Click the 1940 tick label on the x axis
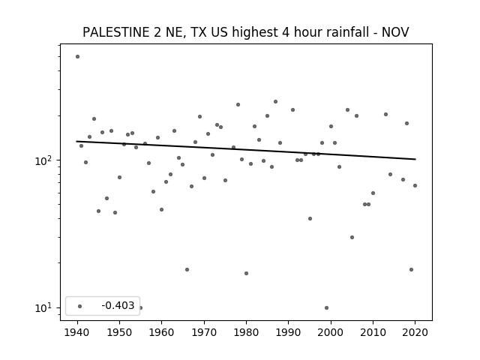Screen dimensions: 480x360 point(77,332)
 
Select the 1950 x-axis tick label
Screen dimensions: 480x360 point(120,332)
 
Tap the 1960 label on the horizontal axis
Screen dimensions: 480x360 point(162,332)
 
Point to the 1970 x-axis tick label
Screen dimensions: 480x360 point(204,332)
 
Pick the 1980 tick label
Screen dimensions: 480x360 point(246,332)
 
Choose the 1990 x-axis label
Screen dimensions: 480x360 point(288,332)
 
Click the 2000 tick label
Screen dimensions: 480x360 point(331,332)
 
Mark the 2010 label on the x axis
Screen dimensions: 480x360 point(373,332)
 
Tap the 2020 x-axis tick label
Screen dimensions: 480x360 point(415,332)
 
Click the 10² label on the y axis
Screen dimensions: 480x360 point(45,160)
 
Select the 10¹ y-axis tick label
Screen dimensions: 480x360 point(45,307)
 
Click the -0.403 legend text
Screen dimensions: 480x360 point(118,305)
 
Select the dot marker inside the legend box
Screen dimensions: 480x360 point(80,306)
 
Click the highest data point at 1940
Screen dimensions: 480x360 point(77,57)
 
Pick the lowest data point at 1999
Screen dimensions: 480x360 point(327,307)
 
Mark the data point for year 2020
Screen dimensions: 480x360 point(415,185)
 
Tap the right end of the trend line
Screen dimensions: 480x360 point(415,159)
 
